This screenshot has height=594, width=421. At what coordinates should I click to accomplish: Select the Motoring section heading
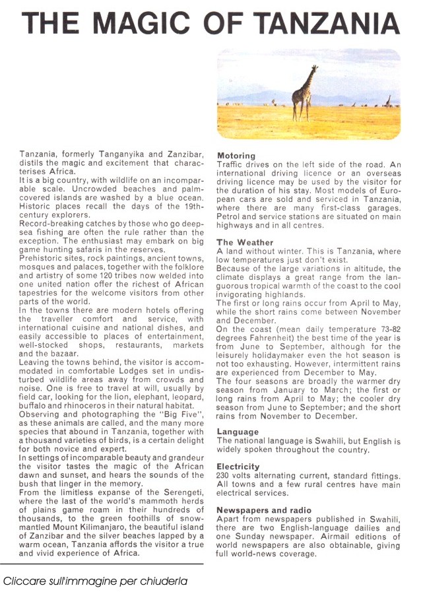(x=236, y=156)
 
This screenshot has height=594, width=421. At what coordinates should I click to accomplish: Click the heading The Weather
(x=245, y=242)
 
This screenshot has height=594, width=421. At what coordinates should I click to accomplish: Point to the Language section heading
(x=238, y=432)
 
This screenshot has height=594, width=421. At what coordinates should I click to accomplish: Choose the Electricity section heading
(x=238, y=467)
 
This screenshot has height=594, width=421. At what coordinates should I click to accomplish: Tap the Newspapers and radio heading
(x=264, y=510)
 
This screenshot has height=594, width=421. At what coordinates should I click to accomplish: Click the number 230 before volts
(x=224, y=475)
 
